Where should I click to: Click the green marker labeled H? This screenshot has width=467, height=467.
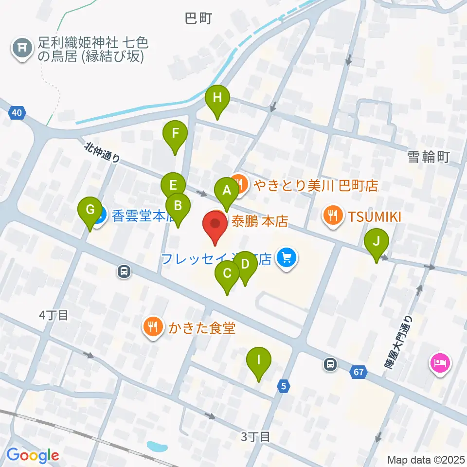pos(217,99)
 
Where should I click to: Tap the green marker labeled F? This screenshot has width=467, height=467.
pos(175,133)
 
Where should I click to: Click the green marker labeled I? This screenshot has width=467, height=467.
pos(258,360)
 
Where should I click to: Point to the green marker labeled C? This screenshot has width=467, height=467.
pos(227,274)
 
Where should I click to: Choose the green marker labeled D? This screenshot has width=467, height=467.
pos(245,265)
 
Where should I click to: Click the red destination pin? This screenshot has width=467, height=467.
pos(215,225)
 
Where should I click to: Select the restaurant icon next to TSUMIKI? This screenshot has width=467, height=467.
pos(333,215)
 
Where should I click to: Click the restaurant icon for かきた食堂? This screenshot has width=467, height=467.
pos(154,327)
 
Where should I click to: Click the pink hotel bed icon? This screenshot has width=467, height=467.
pos(440,363)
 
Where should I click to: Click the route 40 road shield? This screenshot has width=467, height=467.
pos(17,113)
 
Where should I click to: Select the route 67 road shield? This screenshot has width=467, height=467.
pos(359,372)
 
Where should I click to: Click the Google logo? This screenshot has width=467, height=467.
pos(33,455)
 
